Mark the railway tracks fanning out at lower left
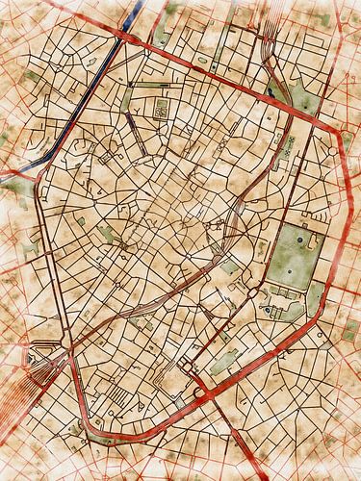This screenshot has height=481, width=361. [x=23, y=385]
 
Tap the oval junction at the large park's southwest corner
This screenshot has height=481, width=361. [x=258, y=290]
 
